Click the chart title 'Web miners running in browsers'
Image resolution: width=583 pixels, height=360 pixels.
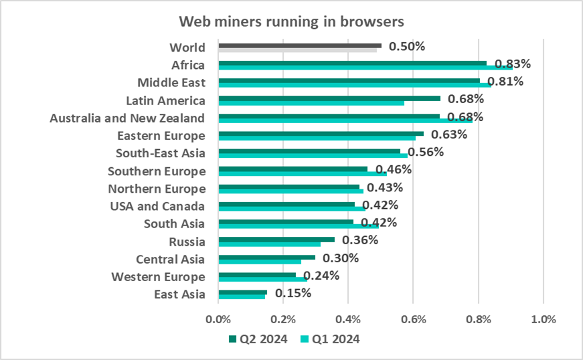(291, 21)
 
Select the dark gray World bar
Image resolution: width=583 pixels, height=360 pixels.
(300, 46)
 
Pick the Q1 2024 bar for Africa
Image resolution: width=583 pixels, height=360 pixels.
(365, 68)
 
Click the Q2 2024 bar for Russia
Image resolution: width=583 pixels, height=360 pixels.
(276, 239)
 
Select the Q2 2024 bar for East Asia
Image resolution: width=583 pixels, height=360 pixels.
(242, 292)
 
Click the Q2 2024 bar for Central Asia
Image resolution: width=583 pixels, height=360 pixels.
(266, 256)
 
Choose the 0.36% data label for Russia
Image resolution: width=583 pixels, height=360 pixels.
(359, 240)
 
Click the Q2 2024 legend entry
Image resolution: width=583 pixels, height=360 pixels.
(258, 339)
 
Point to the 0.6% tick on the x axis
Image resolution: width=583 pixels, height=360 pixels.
(413, 319)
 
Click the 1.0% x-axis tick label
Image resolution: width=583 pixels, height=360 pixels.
(543, 319)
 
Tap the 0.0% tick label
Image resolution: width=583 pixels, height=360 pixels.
(218, 319)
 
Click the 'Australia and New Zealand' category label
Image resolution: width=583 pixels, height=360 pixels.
(127, 118)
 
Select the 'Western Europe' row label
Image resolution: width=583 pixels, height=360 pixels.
(158, 276)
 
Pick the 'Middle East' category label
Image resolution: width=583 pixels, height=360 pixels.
(171, 83)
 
